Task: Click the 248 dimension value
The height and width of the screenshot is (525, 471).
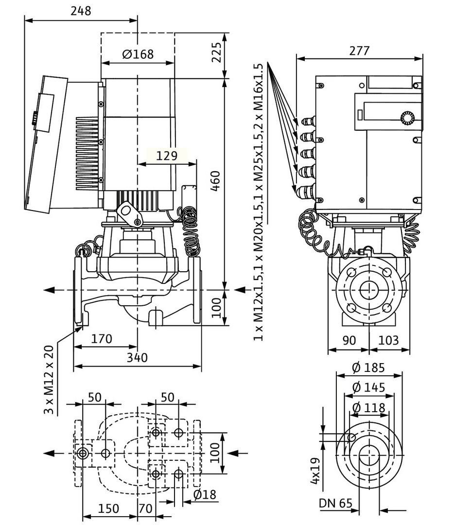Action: (x=81, y=11)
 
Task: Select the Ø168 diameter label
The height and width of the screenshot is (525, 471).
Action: (x=138, y=54)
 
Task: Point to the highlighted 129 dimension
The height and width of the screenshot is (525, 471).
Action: (x=167, y=156)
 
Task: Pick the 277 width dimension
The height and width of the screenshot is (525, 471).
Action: (x=359, y=51)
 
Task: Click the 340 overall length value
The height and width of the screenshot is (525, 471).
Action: (x=138, y=358)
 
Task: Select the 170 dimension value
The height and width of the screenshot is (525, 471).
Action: (x=102, y=338)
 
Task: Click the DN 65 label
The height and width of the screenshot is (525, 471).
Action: (x=335, y=504)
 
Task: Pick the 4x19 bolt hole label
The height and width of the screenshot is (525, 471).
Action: (x=316, y=470)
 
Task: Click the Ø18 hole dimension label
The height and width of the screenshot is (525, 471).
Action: (x=205, y=495)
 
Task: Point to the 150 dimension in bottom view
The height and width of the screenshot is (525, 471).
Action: (x=108, y=508)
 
